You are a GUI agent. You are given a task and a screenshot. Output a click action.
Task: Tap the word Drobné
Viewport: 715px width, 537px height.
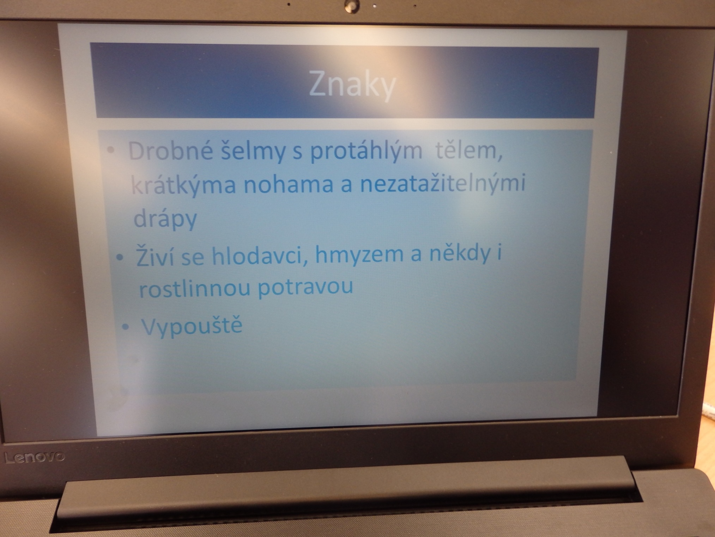coord(170,151)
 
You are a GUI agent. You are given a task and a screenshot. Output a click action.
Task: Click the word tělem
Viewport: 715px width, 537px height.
coord(469,151)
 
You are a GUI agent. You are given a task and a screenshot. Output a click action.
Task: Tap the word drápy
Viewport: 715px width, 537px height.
coord(165,219)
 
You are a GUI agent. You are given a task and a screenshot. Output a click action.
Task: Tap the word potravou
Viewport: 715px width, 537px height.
coord(305,287)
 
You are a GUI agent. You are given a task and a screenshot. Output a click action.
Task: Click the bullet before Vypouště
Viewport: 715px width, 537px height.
coord(126,327)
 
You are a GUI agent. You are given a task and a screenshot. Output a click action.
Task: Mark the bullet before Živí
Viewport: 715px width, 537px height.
coord(120,258)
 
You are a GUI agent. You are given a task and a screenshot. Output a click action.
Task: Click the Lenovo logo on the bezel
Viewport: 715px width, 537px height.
coord(35,457)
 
